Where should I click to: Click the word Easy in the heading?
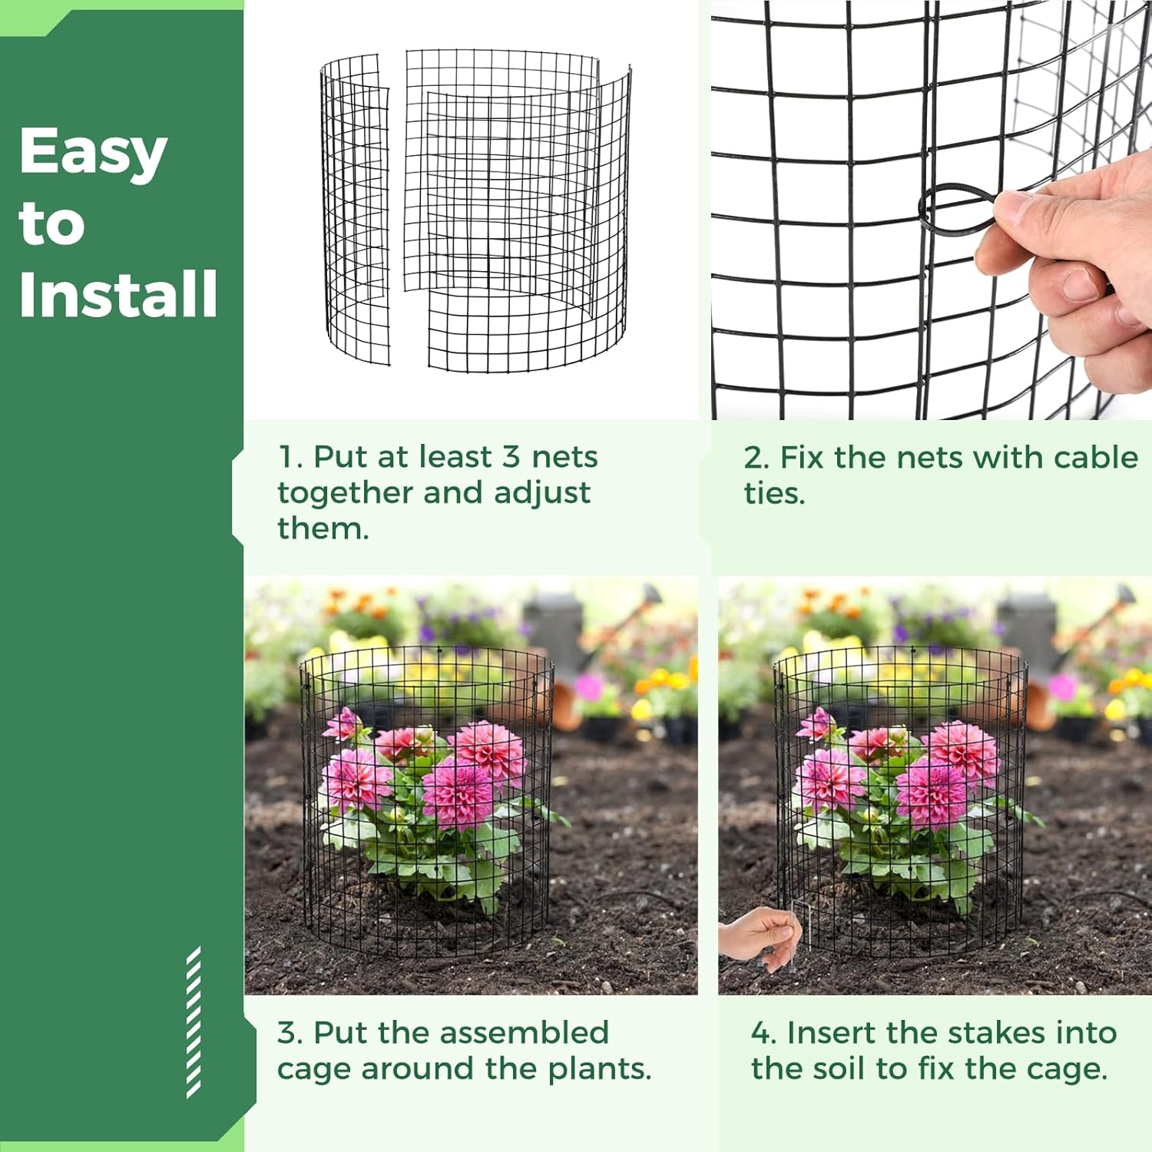[x=93, y=152]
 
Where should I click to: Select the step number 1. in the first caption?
[x=290, y=457]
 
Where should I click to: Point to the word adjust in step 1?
[x=542, y=493]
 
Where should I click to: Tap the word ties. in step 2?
[x=774, y=493]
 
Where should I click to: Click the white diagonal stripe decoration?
[x=194, y=1021]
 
